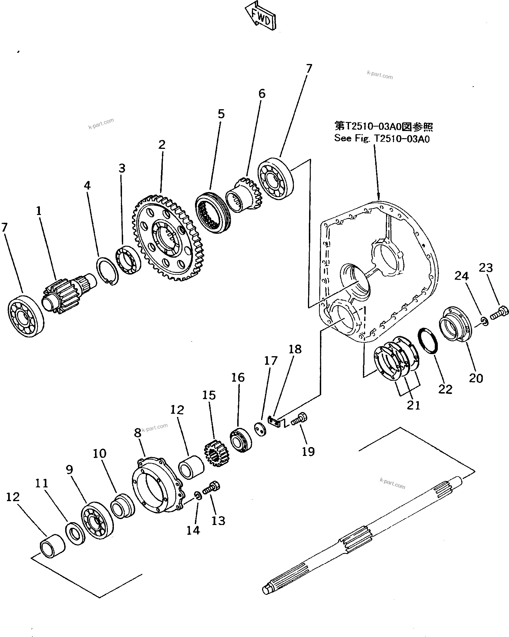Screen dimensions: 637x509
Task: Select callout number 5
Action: pyautogui.click(x=221, y=114)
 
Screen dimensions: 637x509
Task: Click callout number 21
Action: pyautogui.click(x=413, y=405)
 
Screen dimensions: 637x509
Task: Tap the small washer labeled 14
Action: pyautogui.click(x=198, y=496)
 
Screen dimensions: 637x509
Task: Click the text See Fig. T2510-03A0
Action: pyautogui.click(x=382, y=138)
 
